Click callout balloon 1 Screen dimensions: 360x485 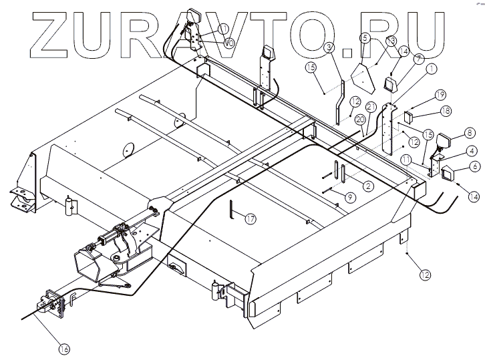[x=431, y=67]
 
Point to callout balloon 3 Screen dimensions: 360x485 [x=329, y=47]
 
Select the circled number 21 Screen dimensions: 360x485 [x=371, y=107]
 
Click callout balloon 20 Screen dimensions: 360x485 [x=360, y=120]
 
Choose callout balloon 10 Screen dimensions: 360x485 [x=228, y=43]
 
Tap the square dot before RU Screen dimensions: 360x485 [x=346, y=49]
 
